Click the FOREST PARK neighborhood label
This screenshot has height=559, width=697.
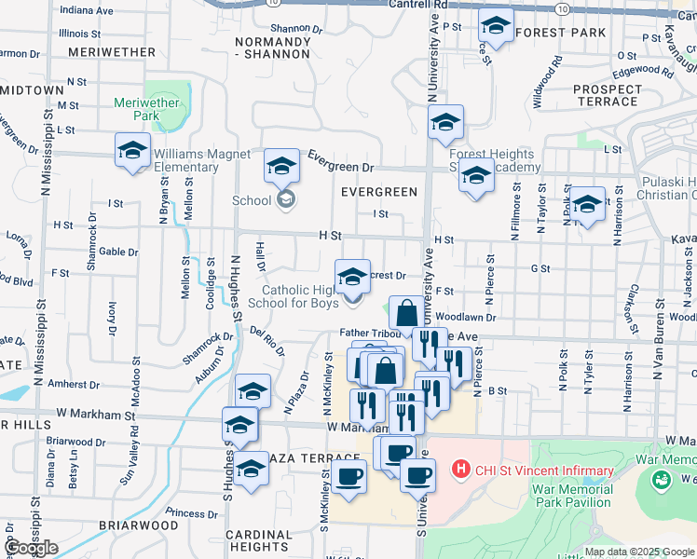[559, 33]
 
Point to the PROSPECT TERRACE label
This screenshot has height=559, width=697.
[607, 95]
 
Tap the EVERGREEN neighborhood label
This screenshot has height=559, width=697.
[378, 192]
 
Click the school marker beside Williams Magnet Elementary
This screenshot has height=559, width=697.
[132, 151]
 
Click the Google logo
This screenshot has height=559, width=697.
[31, 548]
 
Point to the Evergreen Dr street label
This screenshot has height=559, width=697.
[340, 160]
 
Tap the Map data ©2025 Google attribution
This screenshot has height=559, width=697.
[640, 552]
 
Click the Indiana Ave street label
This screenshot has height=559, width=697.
[89, 10]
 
